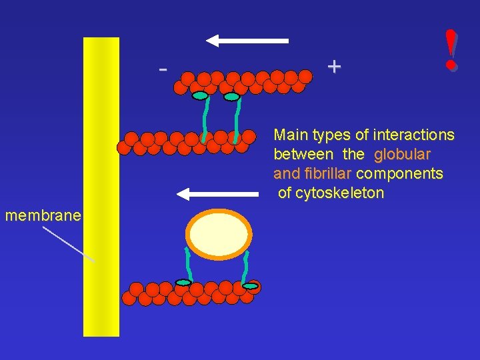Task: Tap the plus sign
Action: pos(334,66)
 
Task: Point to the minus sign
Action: pos(162,69)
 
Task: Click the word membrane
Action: pos(43,215)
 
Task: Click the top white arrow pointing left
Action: pos(247,41)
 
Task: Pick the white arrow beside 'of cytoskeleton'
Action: pos(217,194)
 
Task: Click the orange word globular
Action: pos(403,155)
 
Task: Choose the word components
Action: pos(399,174)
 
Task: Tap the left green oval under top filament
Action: pos(200,95)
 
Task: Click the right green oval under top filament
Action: pos(231,97)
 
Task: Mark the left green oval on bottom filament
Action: pos(183,283)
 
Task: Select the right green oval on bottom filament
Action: pos(251,286)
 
